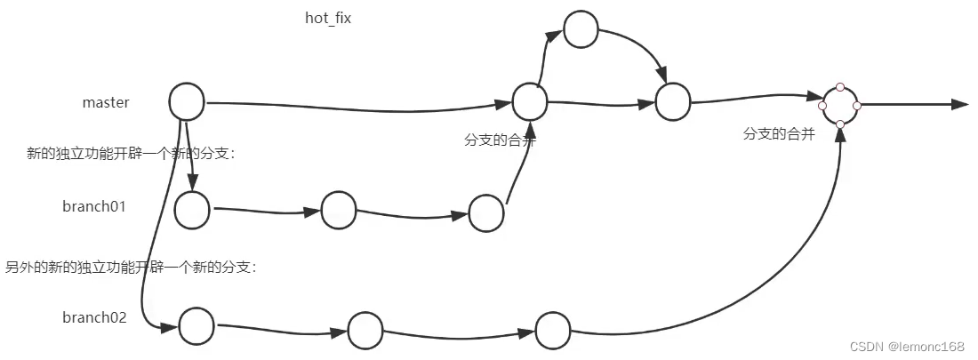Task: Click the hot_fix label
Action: (x=328, y=19)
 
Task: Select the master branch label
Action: (x=106, y=102)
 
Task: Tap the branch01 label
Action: (x=94, y=207)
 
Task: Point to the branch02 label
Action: (x=94, y=317)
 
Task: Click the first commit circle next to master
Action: (x=187, y=101)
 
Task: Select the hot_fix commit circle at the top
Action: (x=581, y=29)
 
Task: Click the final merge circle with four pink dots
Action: (x=840, y=105)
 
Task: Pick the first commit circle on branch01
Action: (x=192, y=211)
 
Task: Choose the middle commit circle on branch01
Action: (x=339, y=210)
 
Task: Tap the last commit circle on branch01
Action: (x=486, y=213)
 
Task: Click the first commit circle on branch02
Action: (x=196, y=326)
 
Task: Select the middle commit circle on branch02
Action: (x=365, y=331)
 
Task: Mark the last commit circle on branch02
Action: (x=552, y=330)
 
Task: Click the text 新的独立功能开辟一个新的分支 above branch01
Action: (x=131, y=154)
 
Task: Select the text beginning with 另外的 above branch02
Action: (x=131, y=267)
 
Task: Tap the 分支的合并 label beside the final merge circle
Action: (x=779, y=134)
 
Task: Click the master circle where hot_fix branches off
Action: (x=529, y=101)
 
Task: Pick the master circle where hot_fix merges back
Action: (x=673, y=102)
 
